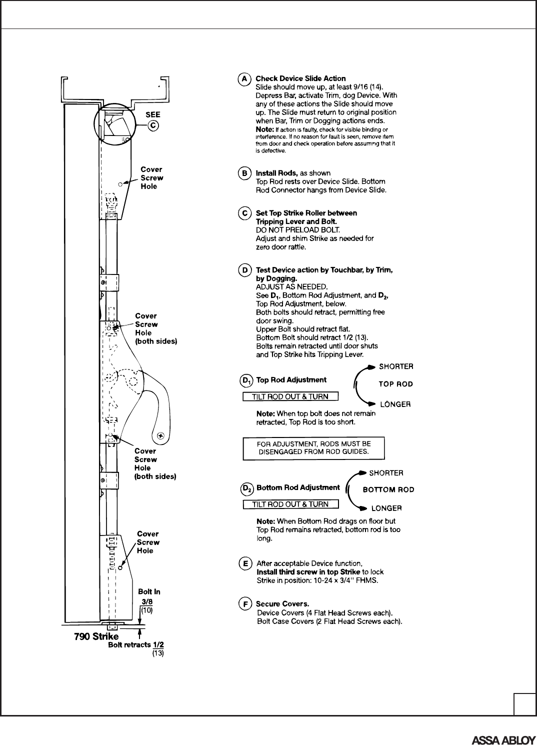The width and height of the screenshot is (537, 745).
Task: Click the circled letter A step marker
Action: coord(243,78)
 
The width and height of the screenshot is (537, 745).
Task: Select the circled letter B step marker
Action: coord(243,173)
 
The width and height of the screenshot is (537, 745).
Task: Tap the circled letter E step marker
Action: coord(244,563)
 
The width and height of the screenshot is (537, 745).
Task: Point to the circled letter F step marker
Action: coord(244,604)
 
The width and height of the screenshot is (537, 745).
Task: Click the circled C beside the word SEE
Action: coord(154,125)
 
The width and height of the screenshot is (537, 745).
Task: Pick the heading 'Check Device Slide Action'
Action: coord(300,78)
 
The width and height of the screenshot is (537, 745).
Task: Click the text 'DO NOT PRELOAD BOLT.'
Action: coord(289,230)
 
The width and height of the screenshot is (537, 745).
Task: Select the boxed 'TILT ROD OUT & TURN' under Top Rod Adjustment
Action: coord(290,397)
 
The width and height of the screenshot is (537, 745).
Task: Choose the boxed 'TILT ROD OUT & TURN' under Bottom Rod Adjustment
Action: coord(290,504)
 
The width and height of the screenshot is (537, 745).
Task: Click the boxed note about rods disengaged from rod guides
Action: coord(313,448)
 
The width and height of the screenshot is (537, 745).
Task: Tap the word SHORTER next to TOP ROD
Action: coord(396,366)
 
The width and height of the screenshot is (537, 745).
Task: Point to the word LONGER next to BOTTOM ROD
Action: coord(386,508)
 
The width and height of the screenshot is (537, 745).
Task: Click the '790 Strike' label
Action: coord(96,636)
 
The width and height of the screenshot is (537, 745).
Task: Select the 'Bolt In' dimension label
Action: coord(149,592)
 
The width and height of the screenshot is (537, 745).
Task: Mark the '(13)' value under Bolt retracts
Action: coord(158,653)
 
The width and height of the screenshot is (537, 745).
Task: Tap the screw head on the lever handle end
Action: coord(161,435)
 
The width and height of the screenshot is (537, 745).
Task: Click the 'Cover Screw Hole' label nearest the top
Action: coord(151,178)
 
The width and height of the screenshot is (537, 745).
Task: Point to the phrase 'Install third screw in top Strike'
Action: coord(308,572)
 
